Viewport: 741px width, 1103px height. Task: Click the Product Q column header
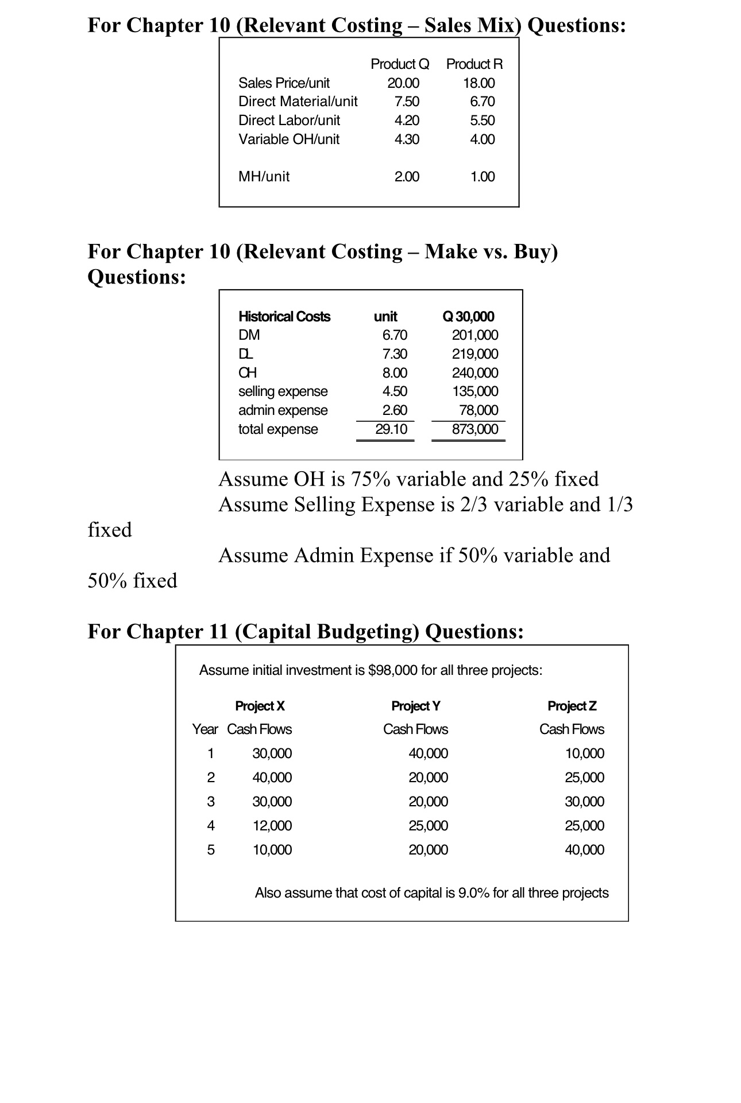click(400, 64)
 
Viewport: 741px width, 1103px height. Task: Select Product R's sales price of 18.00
click(479, 83)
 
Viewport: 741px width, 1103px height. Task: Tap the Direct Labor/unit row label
click(289, 121)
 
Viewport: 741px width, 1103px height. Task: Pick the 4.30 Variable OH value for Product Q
click(407, 139)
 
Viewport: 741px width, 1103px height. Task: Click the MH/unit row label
click(264, 177)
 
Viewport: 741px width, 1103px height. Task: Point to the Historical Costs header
click(284, 317)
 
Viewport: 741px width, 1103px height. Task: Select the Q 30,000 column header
click(469, 317)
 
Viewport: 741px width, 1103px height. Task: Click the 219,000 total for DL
click(475, 354)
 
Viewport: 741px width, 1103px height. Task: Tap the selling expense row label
click(283, 391)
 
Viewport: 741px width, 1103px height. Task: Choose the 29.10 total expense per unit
click(391, 429)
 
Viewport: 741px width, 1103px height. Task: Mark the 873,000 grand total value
click(475, 429)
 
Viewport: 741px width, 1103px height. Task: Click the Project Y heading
click(415, 706)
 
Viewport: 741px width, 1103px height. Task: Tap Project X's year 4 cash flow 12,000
click(272, 826)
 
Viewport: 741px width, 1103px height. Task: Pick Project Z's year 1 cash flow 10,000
click(584, 754)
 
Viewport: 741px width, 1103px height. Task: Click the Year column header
click(204, 729)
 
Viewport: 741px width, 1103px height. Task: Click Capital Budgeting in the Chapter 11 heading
click(327, 631)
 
